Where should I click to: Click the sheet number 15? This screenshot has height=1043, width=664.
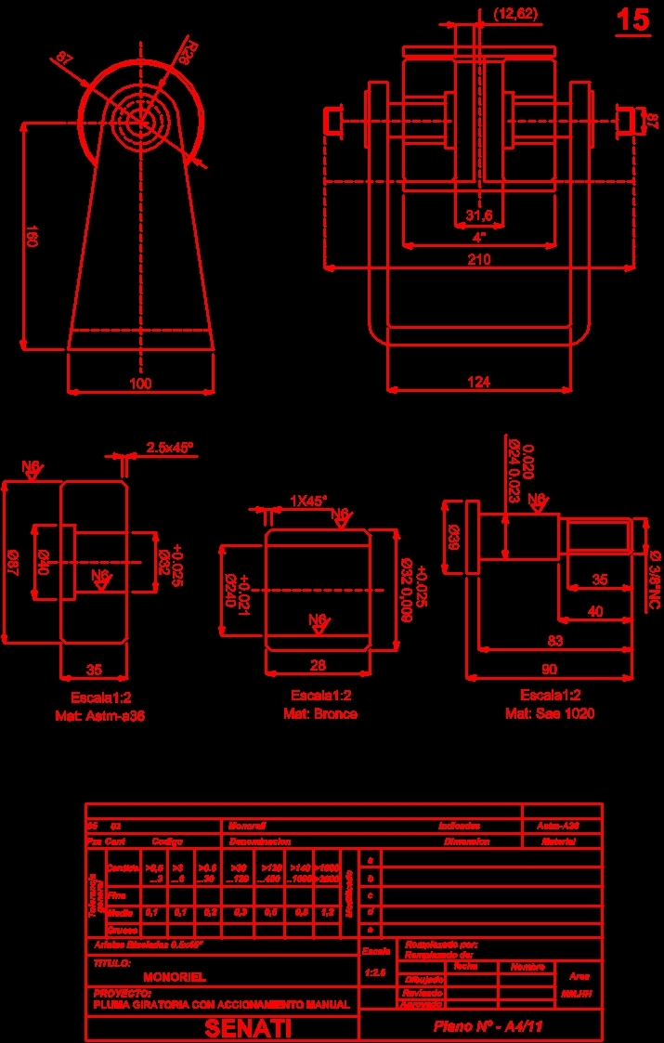pyautogui.click(x=633, y=20)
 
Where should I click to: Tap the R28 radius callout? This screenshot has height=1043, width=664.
pyautogui.click(x=187, y=52)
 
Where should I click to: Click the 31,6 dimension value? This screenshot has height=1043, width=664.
pyautogui.click(x=478, y=216)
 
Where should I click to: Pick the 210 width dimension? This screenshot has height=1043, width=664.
pyautogui.click(x=478, y=260)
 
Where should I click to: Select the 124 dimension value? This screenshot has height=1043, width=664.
pyautogui.click(x=478, y=381)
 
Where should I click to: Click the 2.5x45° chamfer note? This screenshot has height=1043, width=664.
pyautogui.click(x=170, y=448)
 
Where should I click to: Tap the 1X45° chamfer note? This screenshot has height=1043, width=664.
pyautogui.click(x=308, y=501)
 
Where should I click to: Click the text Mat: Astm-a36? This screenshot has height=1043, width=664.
pyautogui.click(x=108, y=716)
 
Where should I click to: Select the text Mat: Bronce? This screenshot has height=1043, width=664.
pyautogui.click(x=319, y=714)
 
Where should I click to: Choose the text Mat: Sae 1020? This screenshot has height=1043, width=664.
pyautogui.click(x=549, y=713)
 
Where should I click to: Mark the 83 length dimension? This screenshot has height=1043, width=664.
pyautogui.click(x=554, y=640)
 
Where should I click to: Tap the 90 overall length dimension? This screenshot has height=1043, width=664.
pyautogui.click(x=549, y=670)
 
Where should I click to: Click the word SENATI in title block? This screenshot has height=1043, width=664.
pyautogui.click(x=248, y=1028)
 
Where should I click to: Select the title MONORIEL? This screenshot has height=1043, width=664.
pyautogui.click(x=175, y=977)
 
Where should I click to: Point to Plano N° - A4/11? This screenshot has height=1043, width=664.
pyautogui.click(x=488, y=1026)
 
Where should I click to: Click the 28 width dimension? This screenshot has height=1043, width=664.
pyautogui.click(x=319, y=664)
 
